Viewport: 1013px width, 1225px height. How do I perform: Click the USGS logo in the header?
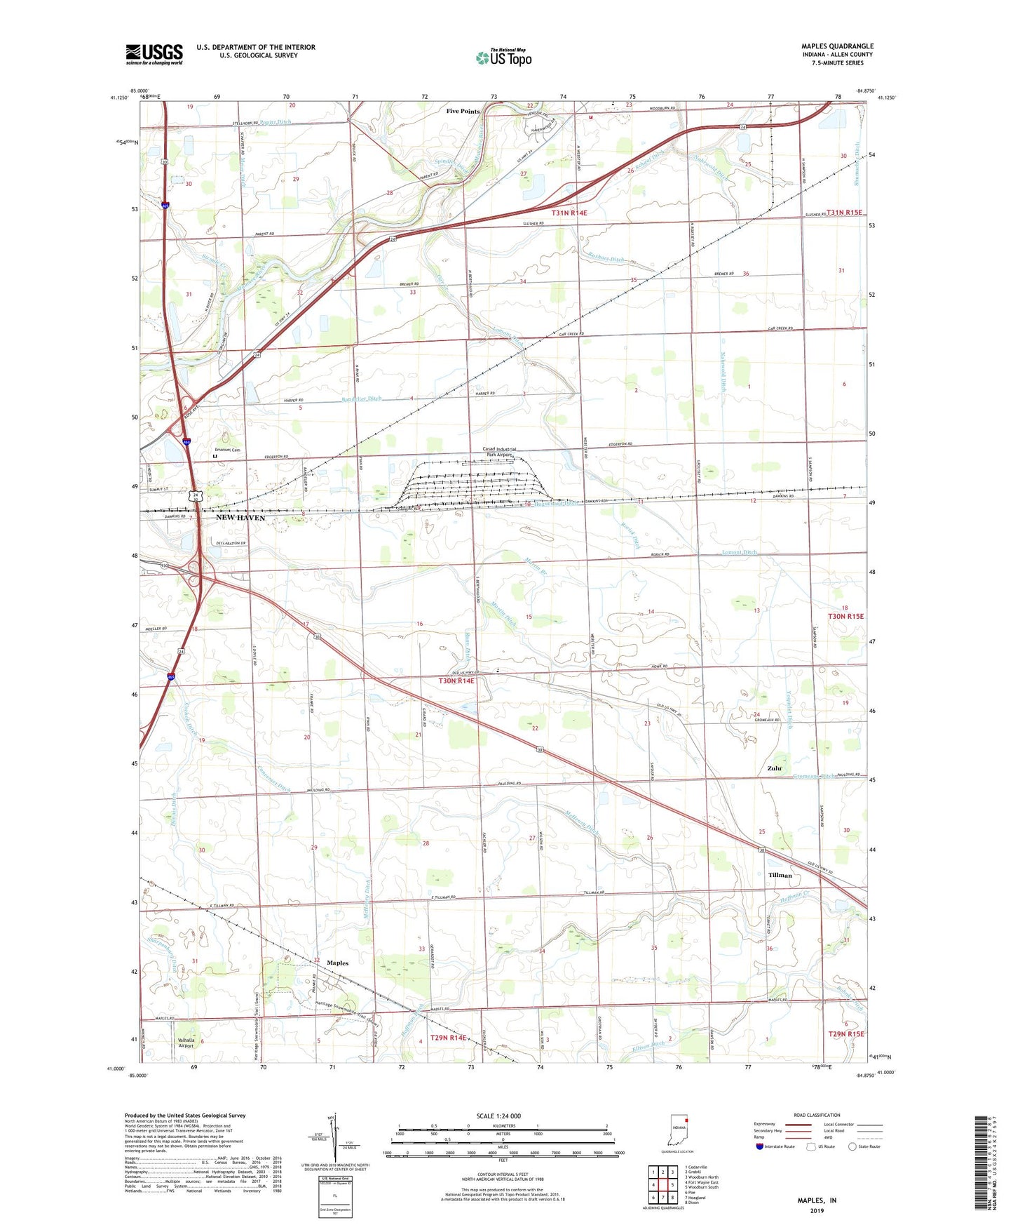point(154,53)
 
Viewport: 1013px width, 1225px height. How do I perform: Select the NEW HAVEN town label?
point(240,517)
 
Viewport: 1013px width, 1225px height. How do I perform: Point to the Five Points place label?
point(463,112)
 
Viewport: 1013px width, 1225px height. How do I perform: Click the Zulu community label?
point(774,768)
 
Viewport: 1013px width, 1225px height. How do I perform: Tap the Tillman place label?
point(780,875)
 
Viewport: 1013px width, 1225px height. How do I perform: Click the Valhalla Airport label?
point(186,1043)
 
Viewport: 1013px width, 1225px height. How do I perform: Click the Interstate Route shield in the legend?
point(759,1146)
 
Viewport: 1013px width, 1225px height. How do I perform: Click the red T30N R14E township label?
point(456,681)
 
